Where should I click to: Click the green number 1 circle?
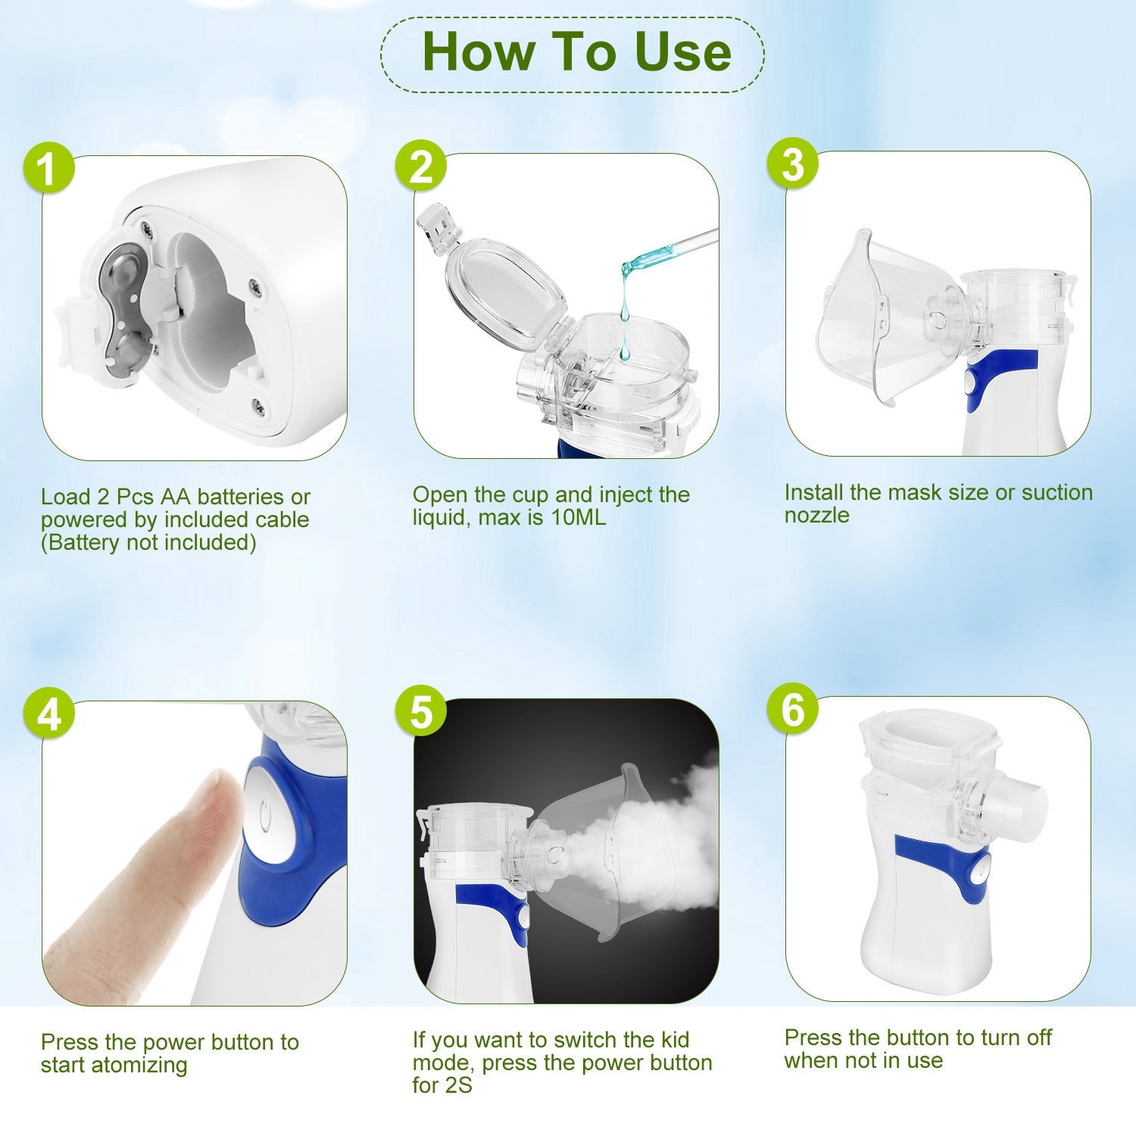pyautogui.click(x=48, y=167)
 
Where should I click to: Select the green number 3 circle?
pyautogui.click(x=793, y=164)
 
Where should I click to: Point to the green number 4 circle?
pyautogui.click(x=48, y=713)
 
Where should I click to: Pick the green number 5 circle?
pyautogui.click(x=421, y=711)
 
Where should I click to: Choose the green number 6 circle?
pyautogui.click(x=793, y=709)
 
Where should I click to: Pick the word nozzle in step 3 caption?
pyautogui.click(x=816, y=517)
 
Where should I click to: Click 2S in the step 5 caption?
pyautogui.click(x=457, y=1085)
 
